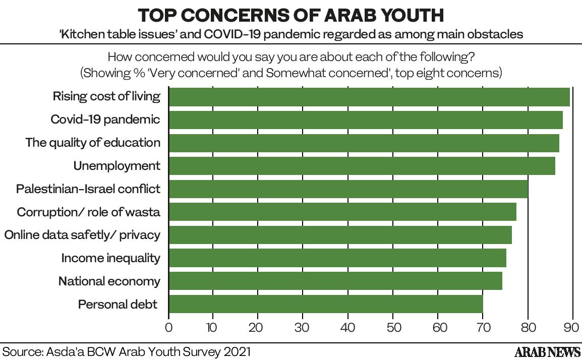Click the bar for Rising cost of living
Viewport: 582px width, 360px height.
[369, 97]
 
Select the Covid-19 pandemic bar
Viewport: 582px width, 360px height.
[365, 120]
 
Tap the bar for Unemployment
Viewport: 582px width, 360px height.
[362, 166]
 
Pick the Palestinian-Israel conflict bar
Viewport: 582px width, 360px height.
[348, 189]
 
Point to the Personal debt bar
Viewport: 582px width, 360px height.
[325, 305]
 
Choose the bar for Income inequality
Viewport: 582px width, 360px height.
[337, 258]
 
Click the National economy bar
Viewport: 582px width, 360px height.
[335, 281]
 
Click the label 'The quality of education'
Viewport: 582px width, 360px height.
[93, 143]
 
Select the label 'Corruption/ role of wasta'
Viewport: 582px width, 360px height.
[89, 212]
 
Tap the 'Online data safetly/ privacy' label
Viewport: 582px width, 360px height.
[82, 235]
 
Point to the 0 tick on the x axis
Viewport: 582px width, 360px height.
[168, 327]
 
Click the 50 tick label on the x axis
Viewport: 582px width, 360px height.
[393, 327]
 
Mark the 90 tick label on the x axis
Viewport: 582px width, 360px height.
[572, 327]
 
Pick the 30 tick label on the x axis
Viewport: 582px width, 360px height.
[303, 327]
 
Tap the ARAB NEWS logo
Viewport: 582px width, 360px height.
[547, 351]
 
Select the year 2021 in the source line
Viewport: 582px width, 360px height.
[236, 351]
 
